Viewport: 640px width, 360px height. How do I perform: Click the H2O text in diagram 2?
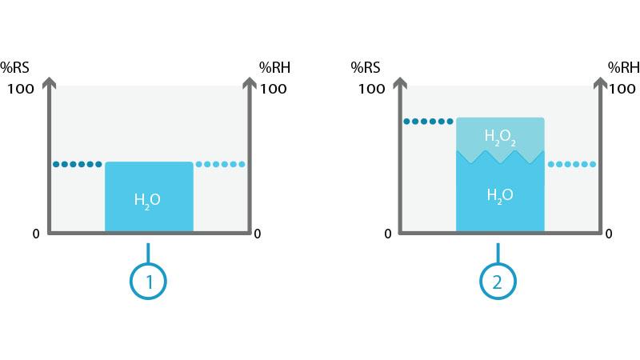click(x=499, y=194)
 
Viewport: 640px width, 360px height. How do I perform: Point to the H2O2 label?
click(x=500, y=137)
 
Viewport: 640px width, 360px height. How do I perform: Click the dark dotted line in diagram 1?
click(x=78, y=164)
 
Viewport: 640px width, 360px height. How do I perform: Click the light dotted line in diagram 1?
click(x=220, y=164)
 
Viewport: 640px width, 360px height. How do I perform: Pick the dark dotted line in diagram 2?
click(x=428, y=122)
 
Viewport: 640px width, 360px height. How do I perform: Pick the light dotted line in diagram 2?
click(x=571, y=164)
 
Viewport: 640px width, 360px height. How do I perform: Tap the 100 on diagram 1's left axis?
click(x=22, y=89)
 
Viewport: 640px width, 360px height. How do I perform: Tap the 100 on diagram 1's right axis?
click(x=274, y=89)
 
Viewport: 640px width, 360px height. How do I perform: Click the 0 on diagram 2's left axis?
click(x=388, y=234)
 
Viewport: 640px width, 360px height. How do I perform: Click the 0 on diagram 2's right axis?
click(x=608, y=234)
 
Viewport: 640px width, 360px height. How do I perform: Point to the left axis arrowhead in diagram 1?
click(x=50, y=82)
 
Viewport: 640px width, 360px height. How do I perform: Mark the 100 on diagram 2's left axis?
click(x=372, y=89)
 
